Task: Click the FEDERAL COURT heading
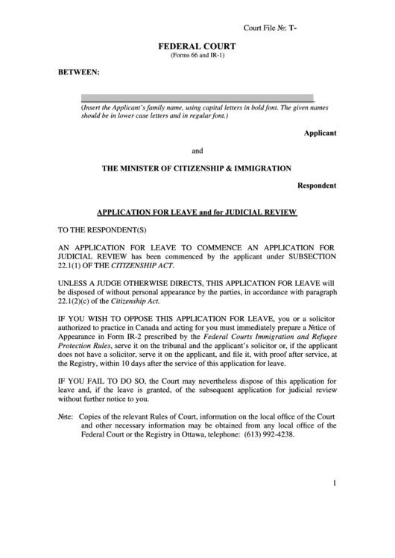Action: click(x=197, y=46)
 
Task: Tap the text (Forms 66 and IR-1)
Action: click(x=197, y=56)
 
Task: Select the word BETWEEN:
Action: click(x=78, y=73)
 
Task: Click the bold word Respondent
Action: click(x=317, y=185)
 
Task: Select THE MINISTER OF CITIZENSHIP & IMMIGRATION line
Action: click(x=197, y=168)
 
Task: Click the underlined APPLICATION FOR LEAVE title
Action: click(x=197, y=213)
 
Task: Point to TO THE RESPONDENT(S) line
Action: click(x=98, y=230)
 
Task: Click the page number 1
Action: click(x=335, y=484)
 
